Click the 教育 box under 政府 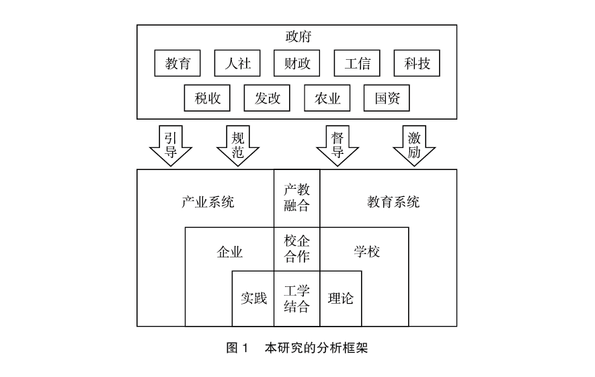178,64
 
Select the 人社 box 237,64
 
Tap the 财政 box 296,64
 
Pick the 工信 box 357,64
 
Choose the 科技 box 417,64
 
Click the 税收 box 208,98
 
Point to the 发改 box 267,98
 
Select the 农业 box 327,98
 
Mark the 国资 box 387,98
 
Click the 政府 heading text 297,36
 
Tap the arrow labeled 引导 171,144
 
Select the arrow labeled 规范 238,144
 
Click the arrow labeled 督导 338,144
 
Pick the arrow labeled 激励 414,144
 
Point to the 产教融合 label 297,198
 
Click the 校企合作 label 297,249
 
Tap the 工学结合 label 297,298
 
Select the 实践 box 253,298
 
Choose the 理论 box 340,298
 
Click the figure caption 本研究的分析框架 316,349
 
